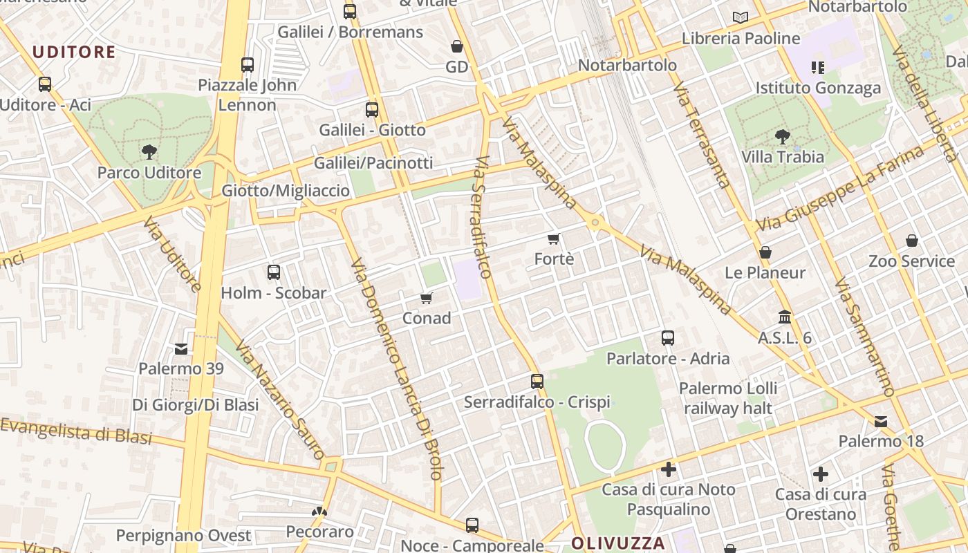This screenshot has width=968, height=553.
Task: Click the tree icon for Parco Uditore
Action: (149, 152)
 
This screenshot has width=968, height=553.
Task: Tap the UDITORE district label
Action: (74, 52)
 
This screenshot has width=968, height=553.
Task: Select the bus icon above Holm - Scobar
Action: (274, 272)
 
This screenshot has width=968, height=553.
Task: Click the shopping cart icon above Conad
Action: (427, 298)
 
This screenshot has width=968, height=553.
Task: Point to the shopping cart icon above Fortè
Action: (553, 239)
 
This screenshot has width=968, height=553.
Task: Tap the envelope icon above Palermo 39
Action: (181, 349)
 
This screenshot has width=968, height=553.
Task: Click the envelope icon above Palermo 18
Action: (881, 421)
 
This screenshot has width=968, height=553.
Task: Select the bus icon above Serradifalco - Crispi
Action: (537, 381)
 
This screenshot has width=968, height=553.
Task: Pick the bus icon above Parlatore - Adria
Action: (668, 338)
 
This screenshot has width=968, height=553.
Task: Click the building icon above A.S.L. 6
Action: (785, 317)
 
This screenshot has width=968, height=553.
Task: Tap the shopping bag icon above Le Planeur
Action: (765, 252)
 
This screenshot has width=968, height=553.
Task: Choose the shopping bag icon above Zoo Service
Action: (912, 241)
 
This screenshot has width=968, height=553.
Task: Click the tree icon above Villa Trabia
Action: (783, 136)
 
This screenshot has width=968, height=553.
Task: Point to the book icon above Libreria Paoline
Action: (741, 18)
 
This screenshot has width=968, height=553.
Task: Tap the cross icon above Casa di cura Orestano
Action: (821, 474)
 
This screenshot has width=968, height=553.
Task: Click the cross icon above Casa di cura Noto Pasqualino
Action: (669, 469)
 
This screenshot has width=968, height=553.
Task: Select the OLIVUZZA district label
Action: (618, 543)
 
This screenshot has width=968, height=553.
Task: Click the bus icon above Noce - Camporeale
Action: (472, 525)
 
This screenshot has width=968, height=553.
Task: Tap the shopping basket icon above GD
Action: (457, 46)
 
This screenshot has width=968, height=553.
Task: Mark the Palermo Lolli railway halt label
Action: (728, 398)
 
